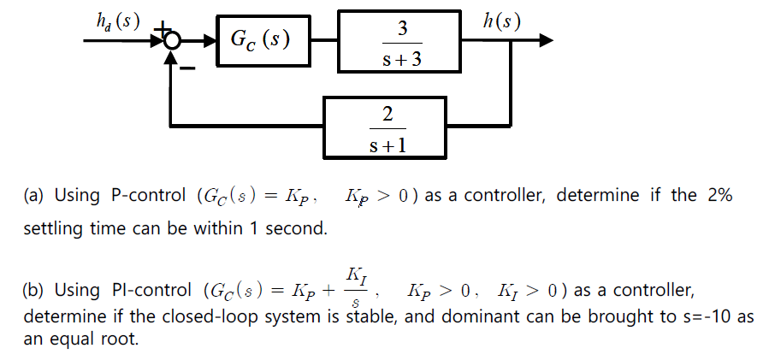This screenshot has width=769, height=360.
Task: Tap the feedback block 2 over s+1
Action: [x=384, y=128]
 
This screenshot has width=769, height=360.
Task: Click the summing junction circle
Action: [x=173, y=40]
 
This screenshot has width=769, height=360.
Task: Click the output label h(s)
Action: [x=502, y=19]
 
